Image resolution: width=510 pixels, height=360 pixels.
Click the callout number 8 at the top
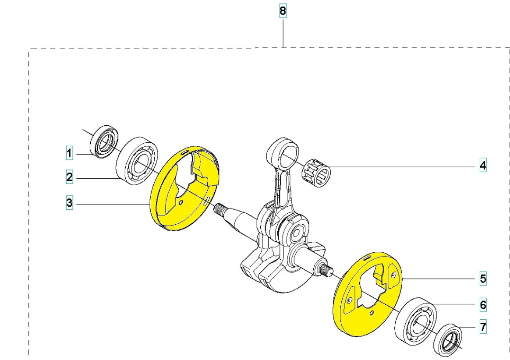pos(283,11)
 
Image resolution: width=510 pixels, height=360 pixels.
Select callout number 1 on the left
pos(69,153)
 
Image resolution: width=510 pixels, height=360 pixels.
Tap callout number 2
pos(69,177)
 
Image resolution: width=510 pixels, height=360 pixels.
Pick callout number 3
pos(69,203)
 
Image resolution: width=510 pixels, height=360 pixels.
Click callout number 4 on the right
pos(482,166)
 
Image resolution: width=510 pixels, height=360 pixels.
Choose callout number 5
pos(482,279)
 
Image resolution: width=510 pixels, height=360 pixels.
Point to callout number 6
pos(482,304)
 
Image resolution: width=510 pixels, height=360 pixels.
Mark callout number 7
pos(482,327)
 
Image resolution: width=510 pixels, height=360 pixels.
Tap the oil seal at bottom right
pos(448,341)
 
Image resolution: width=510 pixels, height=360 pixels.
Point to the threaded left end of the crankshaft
pos(222,211)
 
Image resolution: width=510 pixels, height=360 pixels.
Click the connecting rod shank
pos(280,188)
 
